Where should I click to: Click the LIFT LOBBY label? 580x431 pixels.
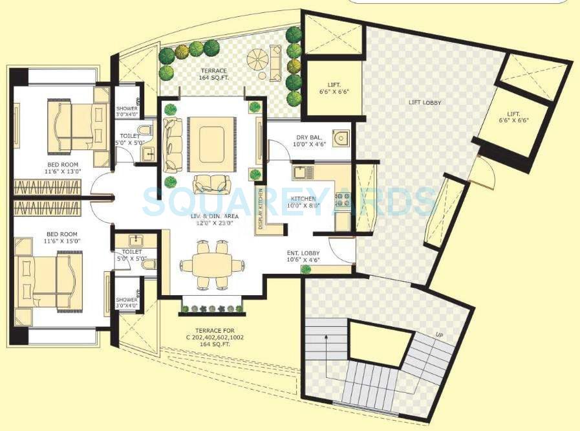coord(424,103)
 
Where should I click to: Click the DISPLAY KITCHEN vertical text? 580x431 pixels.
coord(261,207)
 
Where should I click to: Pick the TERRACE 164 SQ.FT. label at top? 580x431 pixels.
coord(213,74)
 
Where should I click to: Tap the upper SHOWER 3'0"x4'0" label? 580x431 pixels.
coord(127,111)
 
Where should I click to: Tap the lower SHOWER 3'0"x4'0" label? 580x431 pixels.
coord(127,303)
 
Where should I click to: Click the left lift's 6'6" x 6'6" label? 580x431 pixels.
coord(334,88)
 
